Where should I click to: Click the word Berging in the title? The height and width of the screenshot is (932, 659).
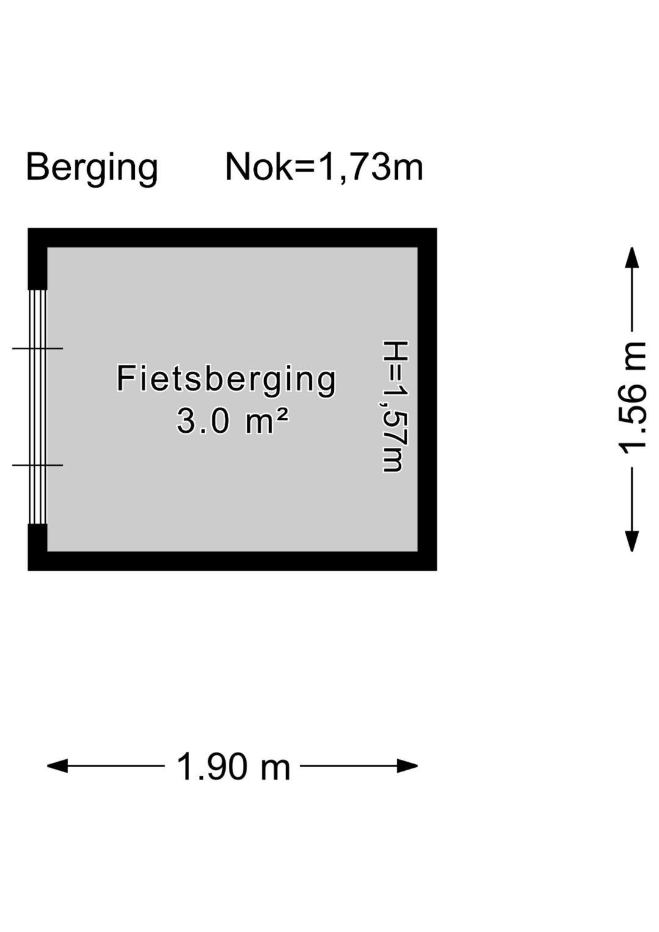click(92, 167)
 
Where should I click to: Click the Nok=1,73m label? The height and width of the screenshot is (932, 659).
click(324, 167)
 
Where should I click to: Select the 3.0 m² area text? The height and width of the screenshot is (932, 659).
click(232, 421)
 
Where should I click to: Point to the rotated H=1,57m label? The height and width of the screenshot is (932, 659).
click(394, 406)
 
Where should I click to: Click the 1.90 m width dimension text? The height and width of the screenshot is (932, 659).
click(233, 767)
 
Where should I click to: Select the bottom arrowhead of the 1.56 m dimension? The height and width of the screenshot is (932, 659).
click(633, 542)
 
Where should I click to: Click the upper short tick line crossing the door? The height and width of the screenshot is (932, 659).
click(37, 349)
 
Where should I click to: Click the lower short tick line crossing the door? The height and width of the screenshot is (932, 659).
click(37, 465)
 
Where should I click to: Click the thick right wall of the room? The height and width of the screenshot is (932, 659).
click(427, 400)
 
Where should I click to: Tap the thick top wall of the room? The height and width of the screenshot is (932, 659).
click(232, 237)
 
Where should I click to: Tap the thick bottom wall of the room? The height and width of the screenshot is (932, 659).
click(232, 561)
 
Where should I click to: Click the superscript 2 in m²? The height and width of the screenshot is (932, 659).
click(281, 415)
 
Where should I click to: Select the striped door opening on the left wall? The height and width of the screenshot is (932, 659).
click(38, 406)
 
